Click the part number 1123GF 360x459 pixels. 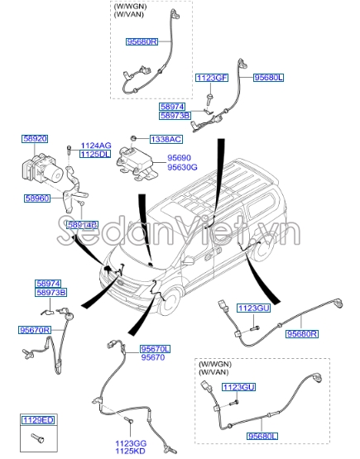click(x=211, y=77)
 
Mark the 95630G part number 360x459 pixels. click(x=182, y=166)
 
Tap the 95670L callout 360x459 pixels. click(x=155, y=349)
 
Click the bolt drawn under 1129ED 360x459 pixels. click(x=36, y=437)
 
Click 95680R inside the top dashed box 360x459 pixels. click(x=142, y=41)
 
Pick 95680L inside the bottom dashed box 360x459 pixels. click(x=259, y=434)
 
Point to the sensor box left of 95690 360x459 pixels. click(x=137, y=160)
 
